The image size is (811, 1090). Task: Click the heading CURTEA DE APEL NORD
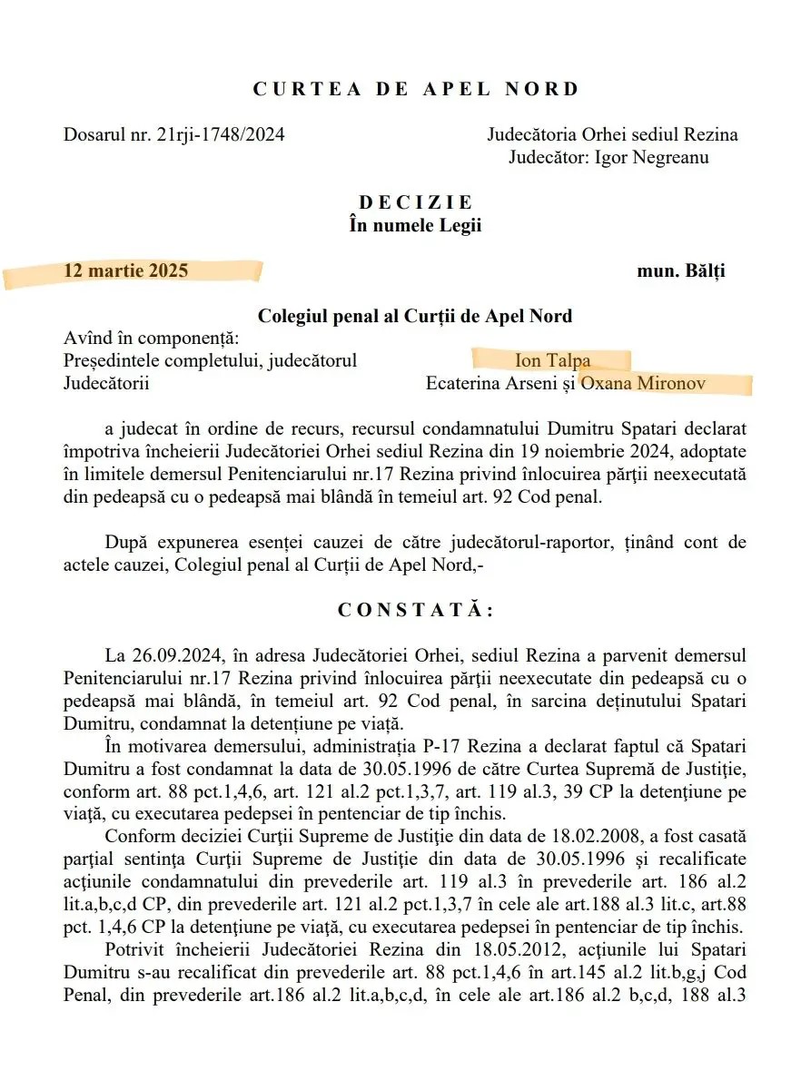pyautogui.click(x=415, y=89)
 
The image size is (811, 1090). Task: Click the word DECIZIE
pyautogui.click(x=415, y=203)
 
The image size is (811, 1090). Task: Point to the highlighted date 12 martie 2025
pyautogui.click(x=126, y=270)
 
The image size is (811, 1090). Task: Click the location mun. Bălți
pyautogui.click(x=681, y=270)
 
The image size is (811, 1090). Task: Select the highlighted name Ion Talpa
pyautogui.click(x=552, y=360)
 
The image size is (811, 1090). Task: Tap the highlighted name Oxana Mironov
pyautogui.click(x=644, y=383)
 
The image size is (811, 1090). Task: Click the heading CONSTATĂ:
pyautogui.click(x=415, y=610)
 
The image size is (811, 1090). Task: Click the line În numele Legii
pyautogui.click(x=415, y=226)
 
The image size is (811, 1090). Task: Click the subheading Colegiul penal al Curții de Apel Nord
pyautogui.click(x=415, y=316)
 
